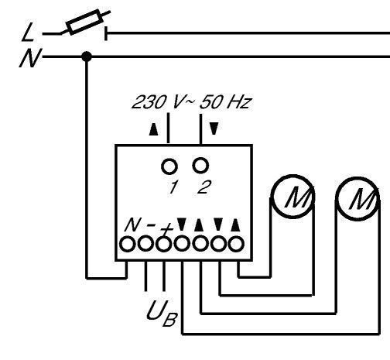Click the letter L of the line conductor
tap(28, 32)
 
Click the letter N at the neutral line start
tap(30, 58)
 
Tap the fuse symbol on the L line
tap(84, 22)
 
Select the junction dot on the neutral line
tap(87, 56)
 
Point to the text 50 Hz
tap(225, 102)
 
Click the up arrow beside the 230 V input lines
tap(154, 129)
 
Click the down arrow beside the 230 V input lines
tap(214, 129)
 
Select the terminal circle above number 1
tap(169, 166)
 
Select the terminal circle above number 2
tap(200, 166)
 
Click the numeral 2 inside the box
tap(204, 187)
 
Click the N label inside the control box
tap(133, 225)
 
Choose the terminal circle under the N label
tap(127, 244)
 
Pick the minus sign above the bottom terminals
tap(151, 225)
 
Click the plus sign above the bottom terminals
tap(167, 228)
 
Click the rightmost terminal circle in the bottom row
tap(236, 244)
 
